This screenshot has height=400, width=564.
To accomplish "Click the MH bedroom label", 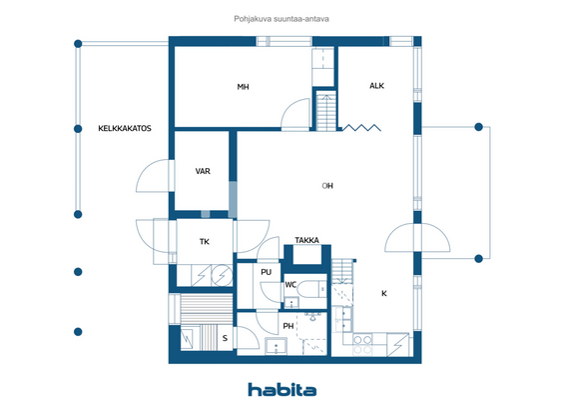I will click(x=243, y=87).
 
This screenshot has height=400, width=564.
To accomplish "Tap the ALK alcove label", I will click(x=376, y=86).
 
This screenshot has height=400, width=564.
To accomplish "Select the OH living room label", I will click(x=327, y=186).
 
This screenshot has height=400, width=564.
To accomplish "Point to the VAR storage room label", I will click(x=203, y=171).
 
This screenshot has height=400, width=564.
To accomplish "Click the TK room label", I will click(x=204, y=241).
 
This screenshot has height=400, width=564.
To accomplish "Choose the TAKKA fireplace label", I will click(x=306, y=241).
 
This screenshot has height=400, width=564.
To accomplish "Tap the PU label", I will click(x=266, y=272).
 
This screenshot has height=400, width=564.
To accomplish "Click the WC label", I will click(x=290, y=285).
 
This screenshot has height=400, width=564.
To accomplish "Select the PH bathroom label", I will click(x=288, y=326).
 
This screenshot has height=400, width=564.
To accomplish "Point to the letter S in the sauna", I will click(x=225, y=338).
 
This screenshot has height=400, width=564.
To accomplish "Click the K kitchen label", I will click(x=383, y=293).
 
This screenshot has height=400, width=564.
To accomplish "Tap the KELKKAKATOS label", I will click(x=124, y=128).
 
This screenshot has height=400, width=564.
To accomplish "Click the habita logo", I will click(x=282, y=389).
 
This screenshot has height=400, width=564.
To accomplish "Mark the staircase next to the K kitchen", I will click(x=343, y=271).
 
